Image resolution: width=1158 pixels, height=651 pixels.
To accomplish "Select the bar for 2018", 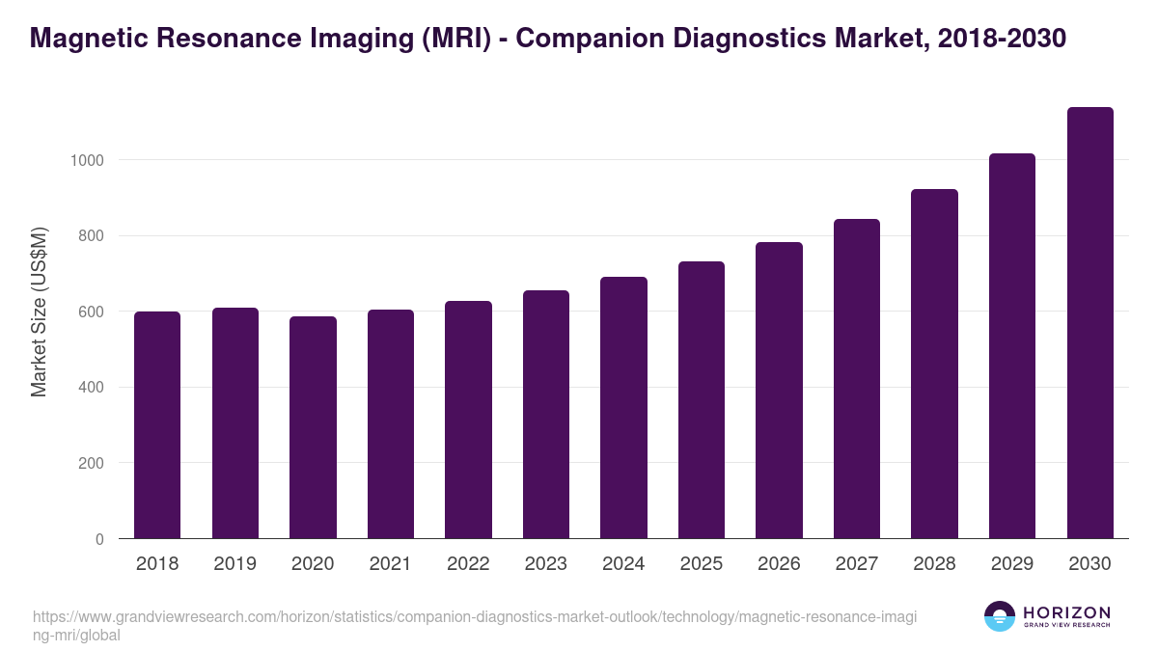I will point(157,425).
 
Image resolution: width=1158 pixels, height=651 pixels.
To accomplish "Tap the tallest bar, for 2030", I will point(1089,323).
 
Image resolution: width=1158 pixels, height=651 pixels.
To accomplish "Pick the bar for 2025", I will point(702,400).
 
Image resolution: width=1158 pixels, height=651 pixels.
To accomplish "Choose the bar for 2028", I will point(934,364).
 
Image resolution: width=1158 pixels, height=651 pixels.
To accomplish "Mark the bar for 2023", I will point(546,415).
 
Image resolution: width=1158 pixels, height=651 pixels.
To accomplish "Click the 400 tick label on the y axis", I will point(91,388).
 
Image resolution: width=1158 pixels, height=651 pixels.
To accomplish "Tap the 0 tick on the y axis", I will point(99,539).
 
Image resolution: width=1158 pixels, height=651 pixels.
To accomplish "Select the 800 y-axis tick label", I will point(91,236).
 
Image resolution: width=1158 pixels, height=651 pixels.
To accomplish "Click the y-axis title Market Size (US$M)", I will point(39,312).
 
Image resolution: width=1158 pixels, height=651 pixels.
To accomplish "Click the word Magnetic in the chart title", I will point(85,38).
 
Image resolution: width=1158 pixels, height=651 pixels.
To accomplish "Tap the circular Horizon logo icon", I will point(1000,616).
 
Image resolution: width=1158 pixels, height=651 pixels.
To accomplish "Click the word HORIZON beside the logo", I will point(1066,611).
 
